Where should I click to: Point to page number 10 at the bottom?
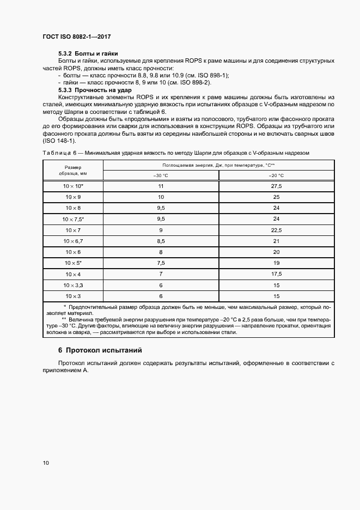tap(46, 463)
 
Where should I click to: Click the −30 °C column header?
tap(161, 175)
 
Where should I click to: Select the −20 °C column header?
tap(276, 175)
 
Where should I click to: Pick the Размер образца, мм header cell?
tap(72, 170)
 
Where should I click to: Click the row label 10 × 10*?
tap(72, 186)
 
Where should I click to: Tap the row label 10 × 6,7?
tap(72, 241)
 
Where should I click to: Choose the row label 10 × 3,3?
tap(72, 285)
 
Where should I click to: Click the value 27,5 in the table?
tap(276, 186)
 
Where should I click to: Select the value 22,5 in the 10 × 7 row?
tap(276, 230)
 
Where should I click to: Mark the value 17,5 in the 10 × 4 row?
tap(276, 274)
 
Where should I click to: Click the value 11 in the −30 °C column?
tap(161, 186)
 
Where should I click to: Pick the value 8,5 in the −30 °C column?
tap(161, 241)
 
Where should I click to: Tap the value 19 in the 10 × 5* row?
tap(276, 263)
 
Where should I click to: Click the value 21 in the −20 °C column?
tap(276, 241)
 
